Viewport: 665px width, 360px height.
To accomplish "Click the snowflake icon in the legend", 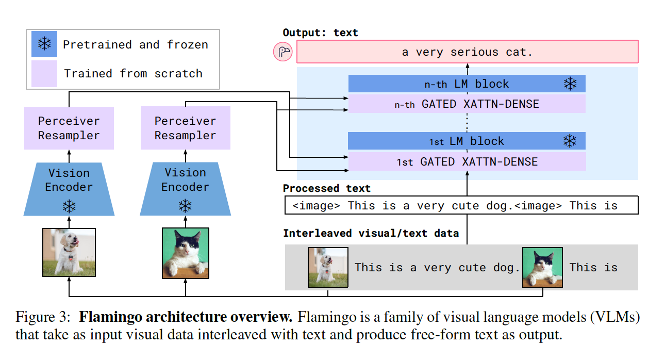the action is coord(44,44).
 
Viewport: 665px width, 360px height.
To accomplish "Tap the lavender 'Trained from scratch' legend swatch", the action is coord(44,74).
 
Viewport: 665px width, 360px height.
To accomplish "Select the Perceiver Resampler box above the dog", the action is coord(69,128).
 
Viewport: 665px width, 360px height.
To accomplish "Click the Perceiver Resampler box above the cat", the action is coord(186,128).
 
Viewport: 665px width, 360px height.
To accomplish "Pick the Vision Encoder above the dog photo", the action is coord(69,189).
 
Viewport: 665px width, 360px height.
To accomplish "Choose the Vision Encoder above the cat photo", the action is coord(185,189).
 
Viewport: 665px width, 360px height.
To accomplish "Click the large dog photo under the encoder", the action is coord(69,253).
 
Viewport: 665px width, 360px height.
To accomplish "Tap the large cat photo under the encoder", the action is coord(186,253).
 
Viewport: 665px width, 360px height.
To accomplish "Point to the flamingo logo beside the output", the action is coord(283,52).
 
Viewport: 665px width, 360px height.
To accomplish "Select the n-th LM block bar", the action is coord(467,84).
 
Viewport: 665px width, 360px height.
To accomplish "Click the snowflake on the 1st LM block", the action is coord(570,141).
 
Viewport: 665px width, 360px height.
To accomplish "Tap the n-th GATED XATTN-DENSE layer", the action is coord(467,104).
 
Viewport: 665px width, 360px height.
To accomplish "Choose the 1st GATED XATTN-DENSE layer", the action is coord(467,161).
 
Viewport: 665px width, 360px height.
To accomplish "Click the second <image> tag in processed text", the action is coord(538,206).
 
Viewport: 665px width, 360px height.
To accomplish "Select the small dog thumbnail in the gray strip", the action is coord(328,267).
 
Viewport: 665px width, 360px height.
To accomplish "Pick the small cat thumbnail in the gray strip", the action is coord(542,267).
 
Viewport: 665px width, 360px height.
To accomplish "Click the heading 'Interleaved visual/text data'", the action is coord(371,233).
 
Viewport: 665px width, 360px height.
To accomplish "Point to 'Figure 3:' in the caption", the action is coord(43,317).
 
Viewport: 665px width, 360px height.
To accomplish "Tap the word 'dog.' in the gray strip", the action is coord(506,268).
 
